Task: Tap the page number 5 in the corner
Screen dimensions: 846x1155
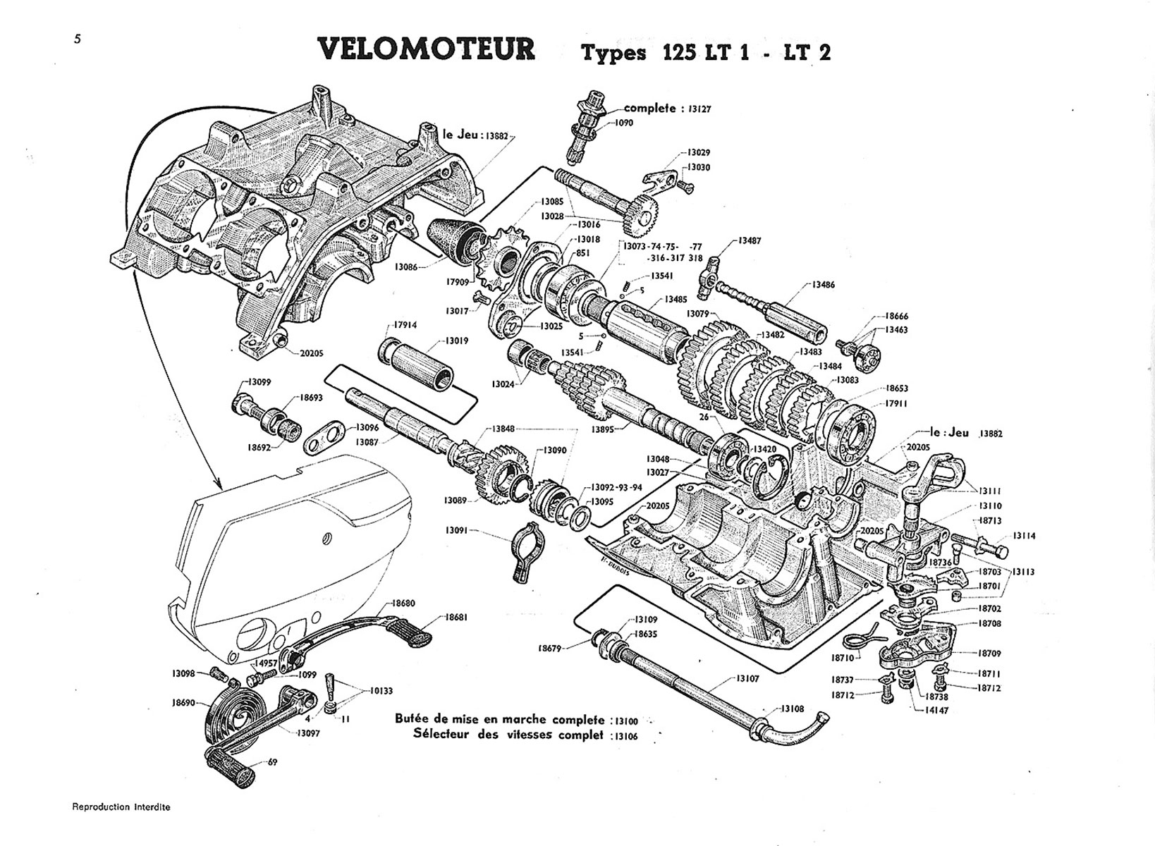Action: coord(77,39)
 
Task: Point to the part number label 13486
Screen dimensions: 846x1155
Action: coord(823,285)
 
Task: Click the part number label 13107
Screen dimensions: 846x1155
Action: coord(747,678)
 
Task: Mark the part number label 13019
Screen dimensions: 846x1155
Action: coord(457,341)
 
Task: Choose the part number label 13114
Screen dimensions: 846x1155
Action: coord(1025,536)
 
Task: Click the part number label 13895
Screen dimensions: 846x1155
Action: coord(603,429)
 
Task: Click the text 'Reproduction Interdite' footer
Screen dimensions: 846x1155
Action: coord(121,807)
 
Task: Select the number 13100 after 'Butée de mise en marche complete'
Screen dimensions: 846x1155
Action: coord(626,721)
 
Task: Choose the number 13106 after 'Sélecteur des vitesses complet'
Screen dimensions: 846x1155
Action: coord(626,735)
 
